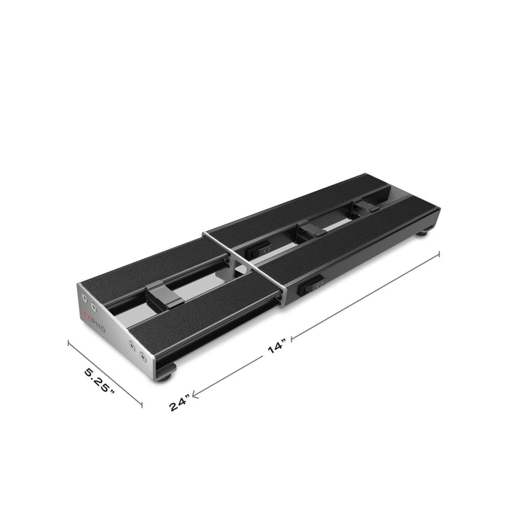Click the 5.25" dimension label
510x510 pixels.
100,381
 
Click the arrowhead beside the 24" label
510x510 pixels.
196,393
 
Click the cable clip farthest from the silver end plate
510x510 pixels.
364,206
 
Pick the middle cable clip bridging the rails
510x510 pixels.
311,231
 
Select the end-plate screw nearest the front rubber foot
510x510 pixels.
141,358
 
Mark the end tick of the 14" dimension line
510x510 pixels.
439,253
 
